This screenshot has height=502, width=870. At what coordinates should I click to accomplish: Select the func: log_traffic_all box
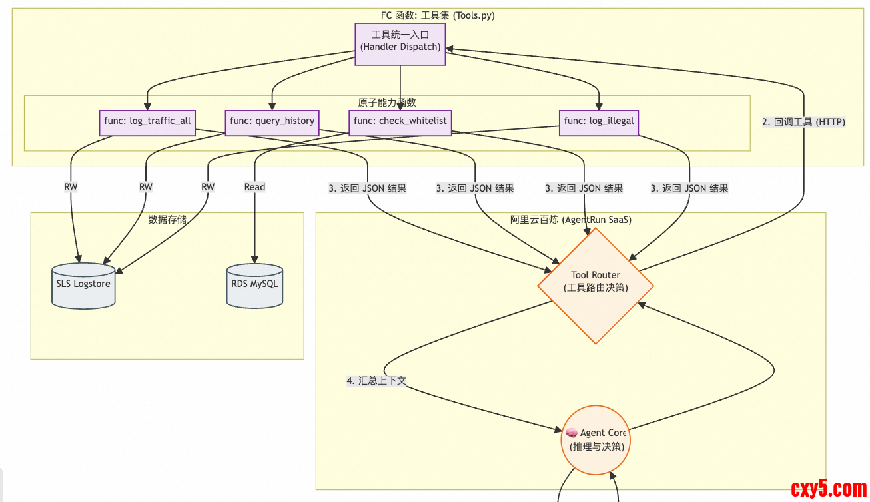tap(147, 122)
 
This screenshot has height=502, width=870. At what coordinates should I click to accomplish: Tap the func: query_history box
tap(272, 122)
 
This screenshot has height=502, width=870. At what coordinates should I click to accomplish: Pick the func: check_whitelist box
tap(400, 122)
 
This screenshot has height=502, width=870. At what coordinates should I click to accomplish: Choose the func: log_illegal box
tap(599, 122)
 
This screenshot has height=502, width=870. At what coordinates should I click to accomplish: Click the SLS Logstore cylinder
tap(83, 284)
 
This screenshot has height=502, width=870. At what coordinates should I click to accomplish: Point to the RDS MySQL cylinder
tap(254, 284)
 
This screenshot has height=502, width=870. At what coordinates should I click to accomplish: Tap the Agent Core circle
tap(596, 439)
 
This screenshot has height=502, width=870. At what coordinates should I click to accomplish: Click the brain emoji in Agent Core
tap(572, 433)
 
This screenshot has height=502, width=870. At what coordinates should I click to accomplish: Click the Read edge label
tap(254, 188)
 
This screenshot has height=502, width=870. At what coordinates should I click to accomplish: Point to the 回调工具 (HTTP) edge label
tap(803, 122)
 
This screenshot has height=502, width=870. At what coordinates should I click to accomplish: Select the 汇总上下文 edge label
tap(376, 381)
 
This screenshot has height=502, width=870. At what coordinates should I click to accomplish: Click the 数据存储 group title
tap(167, 220)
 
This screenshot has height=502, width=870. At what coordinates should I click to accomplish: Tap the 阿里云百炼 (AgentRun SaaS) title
tap(570, 220)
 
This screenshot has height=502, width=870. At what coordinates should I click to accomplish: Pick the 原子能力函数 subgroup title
tap(387, 103)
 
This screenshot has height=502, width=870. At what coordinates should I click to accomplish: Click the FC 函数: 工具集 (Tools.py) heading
tap(438, 15)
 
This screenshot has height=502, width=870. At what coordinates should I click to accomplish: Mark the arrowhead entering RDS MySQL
tap(254, 260)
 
